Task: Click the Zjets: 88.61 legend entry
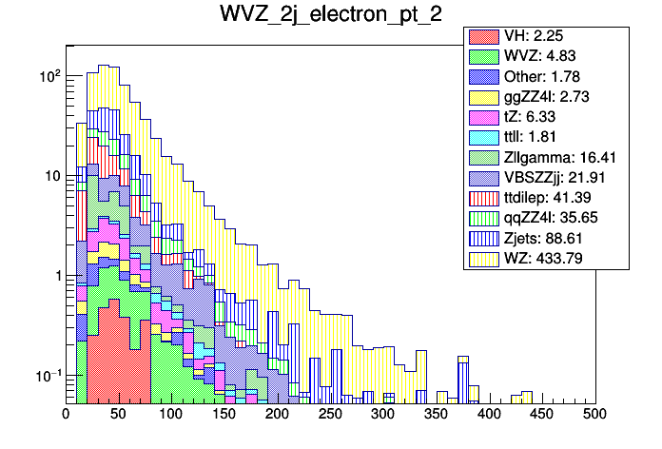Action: click(548, 237)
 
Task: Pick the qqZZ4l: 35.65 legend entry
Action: click(548, 217)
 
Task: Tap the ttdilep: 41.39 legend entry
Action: click(548, 197)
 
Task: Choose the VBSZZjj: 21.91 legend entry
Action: click(548, 177)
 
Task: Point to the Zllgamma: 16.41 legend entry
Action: click(548, 157)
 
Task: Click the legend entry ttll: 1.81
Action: click(548, 137)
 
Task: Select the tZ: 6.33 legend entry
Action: click(548, 117)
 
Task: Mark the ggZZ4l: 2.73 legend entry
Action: click(548, 97)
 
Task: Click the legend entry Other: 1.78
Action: click(548, 76)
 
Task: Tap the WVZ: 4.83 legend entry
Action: click(548, 56)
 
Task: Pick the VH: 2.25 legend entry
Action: click(548, 36)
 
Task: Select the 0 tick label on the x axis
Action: click(66, 414)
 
